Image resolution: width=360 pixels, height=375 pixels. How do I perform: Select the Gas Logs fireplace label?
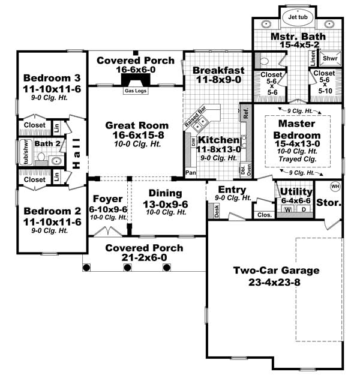(x=135, y=91)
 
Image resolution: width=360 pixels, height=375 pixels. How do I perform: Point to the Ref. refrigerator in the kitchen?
(x=245, y=112)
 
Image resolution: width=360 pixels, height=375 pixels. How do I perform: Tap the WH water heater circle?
(x=335, y=185)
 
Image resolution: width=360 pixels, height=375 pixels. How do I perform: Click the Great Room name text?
(x=137, y=125)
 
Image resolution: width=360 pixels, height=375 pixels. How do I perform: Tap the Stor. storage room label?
(x=329, y=203)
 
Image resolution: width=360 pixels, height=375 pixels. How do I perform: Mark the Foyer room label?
(x=109, y=199)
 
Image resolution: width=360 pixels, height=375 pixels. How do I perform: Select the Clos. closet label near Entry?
(x=263, y=214)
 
